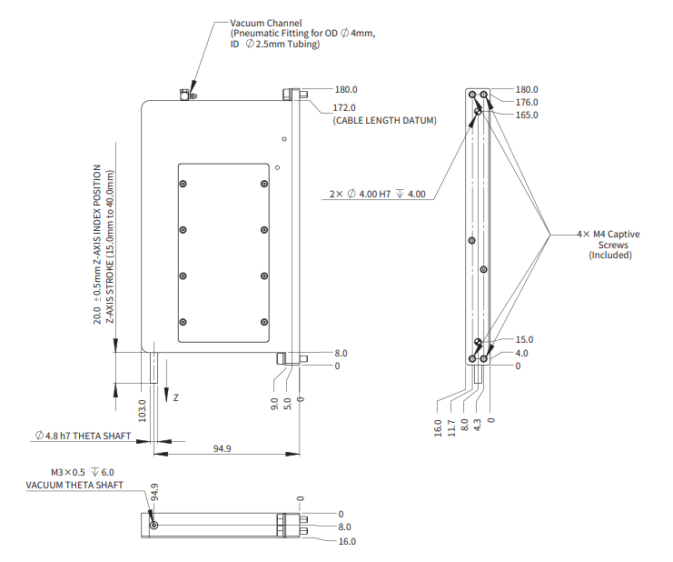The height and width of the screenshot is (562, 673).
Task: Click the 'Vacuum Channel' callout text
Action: pos(264,22)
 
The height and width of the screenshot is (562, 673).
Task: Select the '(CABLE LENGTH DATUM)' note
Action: pos(384,120)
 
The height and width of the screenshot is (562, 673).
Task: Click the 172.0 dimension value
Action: pos(346,107)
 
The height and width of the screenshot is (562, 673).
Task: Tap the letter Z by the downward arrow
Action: pos(176,398)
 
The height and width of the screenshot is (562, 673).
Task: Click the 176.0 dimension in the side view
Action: pos(527,103)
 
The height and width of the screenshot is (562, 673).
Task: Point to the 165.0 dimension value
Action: pos(527,115)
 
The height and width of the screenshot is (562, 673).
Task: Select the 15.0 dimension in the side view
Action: pos(524,339)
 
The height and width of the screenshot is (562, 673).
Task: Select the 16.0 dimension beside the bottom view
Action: pos(347,541)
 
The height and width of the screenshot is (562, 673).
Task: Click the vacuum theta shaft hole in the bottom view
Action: pos(153,527)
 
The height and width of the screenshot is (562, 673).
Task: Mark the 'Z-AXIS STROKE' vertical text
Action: pos(111,246)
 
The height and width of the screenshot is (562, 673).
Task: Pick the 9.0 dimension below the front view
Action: pos(275,404)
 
